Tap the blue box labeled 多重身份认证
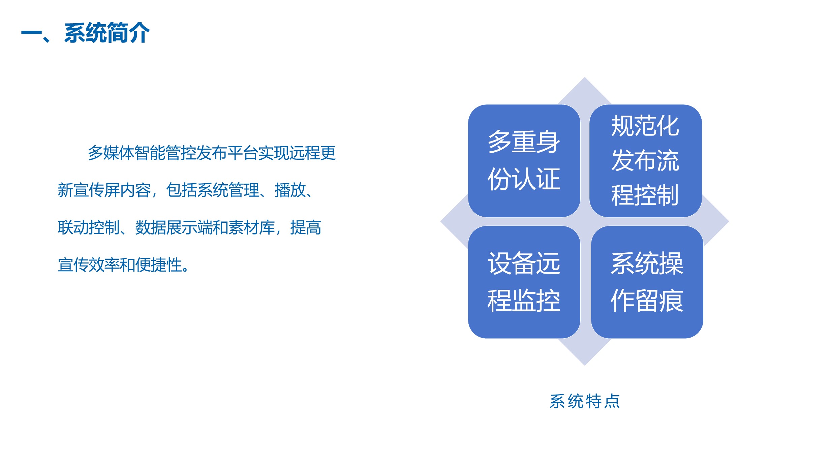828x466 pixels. point(524,161)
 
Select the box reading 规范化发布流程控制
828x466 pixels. point(645,161)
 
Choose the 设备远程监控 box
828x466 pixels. point(524,282)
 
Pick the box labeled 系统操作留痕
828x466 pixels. point(647,282)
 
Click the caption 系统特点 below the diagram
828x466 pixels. point(585,401)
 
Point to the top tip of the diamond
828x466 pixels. point(585,77)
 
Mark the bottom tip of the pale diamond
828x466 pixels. point(585,365)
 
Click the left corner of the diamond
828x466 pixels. point(441,221)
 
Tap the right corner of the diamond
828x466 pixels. point(729,221)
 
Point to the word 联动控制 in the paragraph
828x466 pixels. point(89,227)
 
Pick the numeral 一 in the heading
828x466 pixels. point(31,33)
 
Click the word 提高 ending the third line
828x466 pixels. point(306,227)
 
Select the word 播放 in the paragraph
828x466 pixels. point(290,190)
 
